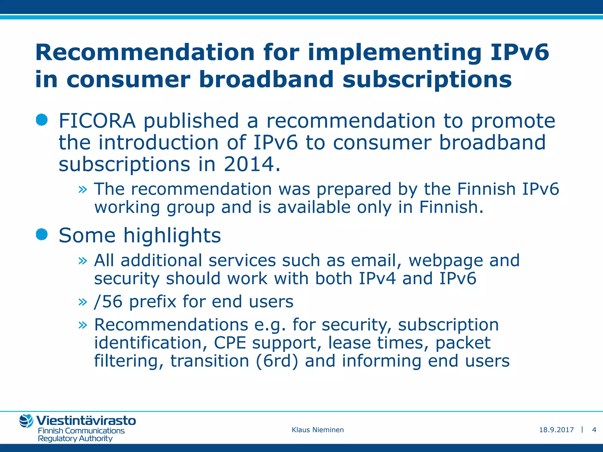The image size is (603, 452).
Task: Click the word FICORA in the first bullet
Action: click(x=97, y=121)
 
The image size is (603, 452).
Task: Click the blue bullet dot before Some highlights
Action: click(x=42, y=235)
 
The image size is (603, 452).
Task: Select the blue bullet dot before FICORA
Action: click(x=42, y=120)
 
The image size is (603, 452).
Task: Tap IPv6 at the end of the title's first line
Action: click(x=519, y=52)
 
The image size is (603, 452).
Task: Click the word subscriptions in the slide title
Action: click(x=427, y=79)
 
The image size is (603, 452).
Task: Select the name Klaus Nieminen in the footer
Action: click(x=317, y=430)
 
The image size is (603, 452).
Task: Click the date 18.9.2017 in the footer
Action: click(x=556, y=430)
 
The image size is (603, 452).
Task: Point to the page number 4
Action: click(x=594, y=430)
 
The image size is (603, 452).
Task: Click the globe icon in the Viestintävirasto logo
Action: click(x=26, y=421)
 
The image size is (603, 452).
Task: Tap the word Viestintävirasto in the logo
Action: click(x=86, y=421)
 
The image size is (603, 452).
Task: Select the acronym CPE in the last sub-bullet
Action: click(x=230, y=343)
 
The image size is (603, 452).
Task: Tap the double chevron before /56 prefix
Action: click(x=83, y=302)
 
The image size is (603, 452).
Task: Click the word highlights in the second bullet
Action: click(x=172, y=236)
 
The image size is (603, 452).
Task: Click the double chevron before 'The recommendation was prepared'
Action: click(x=83, y=190)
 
